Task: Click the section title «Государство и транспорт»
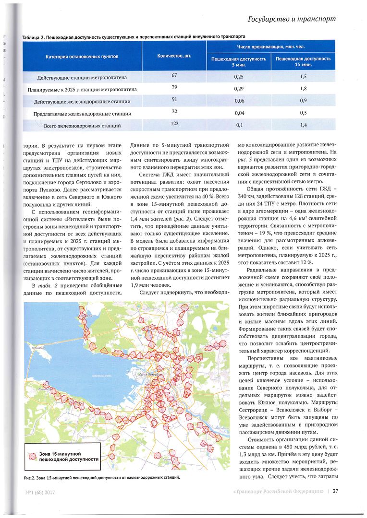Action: click(x=291, y=19)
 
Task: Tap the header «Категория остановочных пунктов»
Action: click(x=82, y=56)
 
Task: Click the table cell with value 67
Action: click(x=174, y=75)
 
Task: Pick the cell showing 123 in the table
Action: click(x=174, y=124)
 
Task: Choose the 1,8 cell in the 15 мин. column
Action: click(x=303, y=89)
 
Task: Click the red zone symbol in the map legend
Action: click(x=33, y=456)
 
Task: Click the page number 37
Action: click(x=336, y=491)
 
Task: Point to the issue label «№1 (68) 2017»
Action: click(x=39, y=491)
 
